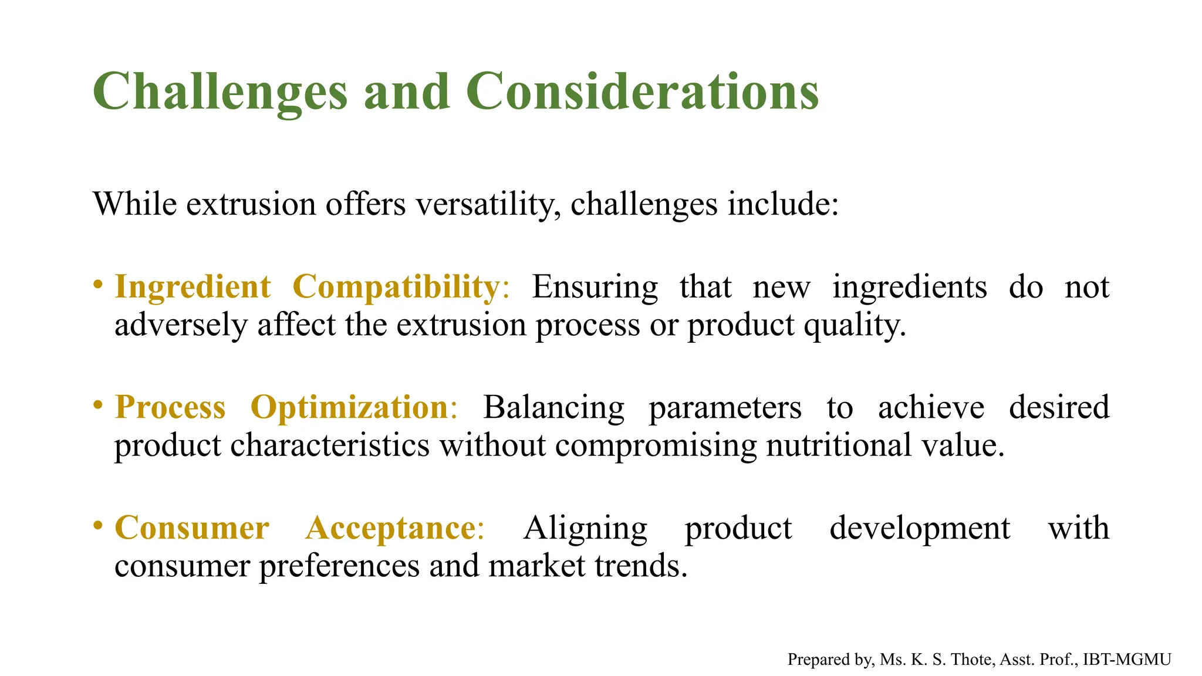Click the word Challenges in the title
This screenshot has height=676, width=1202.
[220, 92]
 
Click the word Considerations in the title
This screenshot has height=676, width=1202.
[642, 92]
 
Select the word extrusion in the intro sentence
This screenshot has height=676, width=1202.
[251, 205]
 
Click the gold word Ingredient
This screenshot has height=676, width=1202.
[193, 288]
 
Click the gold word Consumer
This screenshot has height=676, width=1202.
[192, 528]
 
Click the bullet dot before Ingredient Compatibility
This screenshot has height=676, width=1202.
[98, 285]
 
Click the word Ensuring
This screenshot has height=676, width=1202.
[595, 288]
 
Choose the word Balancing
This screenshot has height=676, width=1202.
[553, 407]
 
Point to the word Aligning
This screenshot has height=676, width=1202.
[585, 528]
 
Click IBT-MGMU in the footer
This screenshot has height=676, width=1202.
[1127, 660]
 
